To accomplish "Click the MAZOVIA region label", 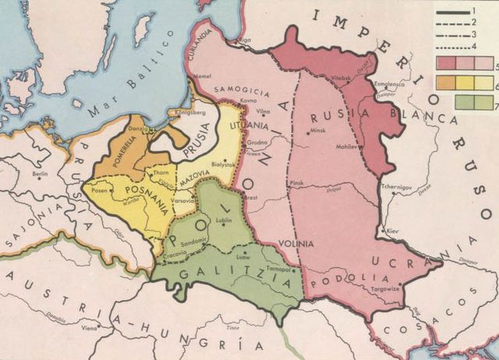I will [x=196, y=179].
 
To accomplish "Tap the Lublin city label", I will [x=226, y=222].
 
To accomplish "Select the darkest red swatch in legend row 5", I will [x=447, y=63].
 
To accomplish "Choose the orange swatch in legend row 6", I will [x=447, y=82].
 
